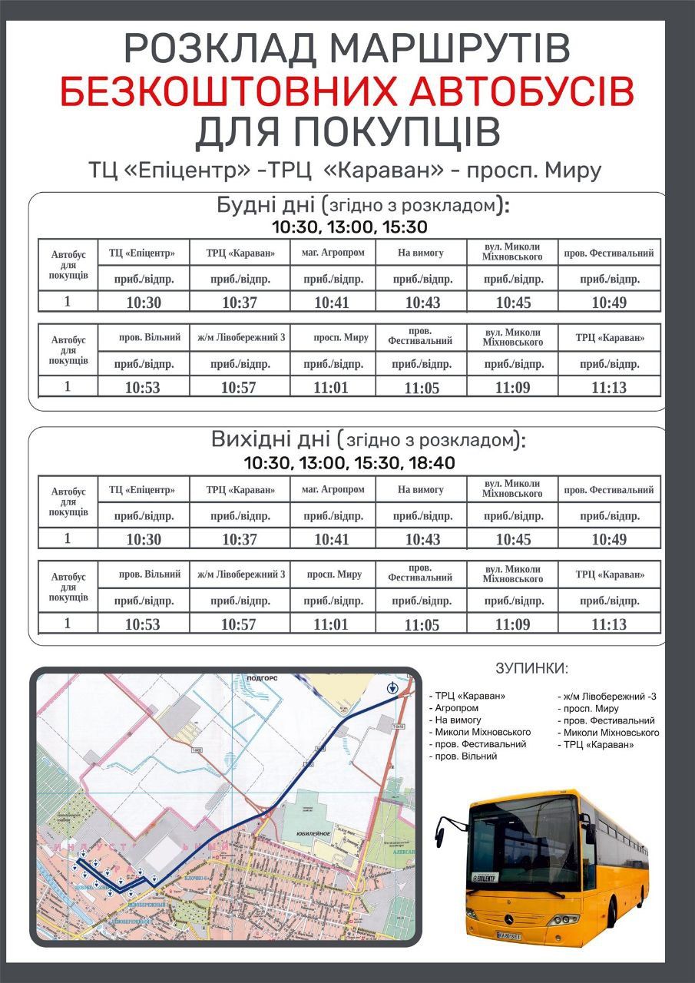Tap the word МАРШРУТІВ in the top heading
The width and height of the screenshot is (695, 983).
click(454, 49)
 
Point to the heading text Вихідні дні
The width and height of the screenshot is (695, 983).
click(270, 440)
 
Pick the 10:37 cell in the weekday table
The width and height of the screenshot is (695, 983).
click(240, 302)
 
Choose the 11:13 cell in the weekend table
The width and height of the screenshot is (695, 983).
click(609, 624)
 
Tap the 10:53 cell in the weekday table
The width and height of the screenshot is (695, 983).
click(143, 388)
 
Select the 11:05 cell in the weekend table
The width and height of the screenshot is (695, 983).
click(422, 625)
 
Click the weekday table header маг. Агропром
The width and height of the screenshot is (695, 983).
click(333, 252)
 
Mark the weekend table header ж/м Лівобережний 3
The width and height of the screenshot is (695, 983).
click(240, 574)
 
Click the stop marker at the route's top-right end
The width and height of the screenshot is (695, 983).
click(393, 687)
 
